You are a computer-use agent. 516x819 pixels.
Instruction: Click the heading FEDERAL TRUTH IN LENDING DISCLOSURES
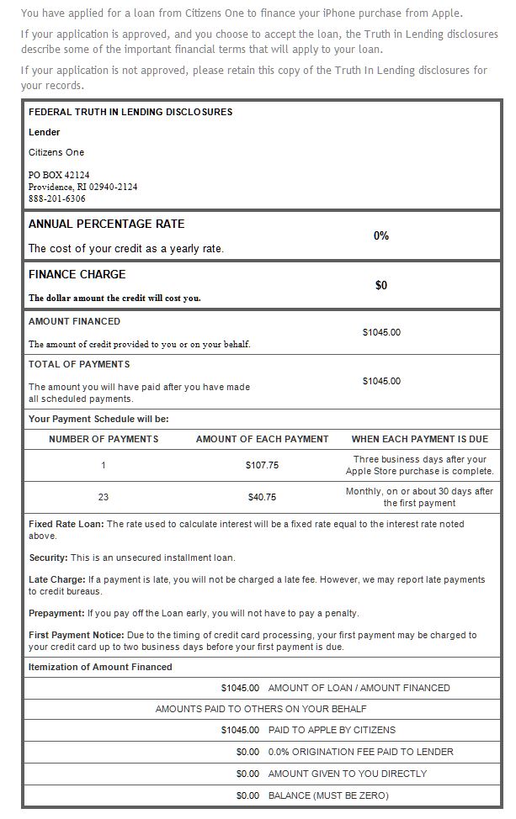pyautogui.click(x=130, y=112)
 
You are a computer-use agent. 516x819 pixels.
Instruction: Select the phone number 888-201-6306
pyautogui.click(x=57, y=199)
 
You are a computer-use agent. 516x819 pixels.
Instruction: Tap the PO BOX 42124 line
pyautogui.click(x=59, y=175)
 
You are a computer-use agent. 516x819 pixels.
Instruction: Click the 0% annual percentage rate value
pyautogui.click(x=381, y=236)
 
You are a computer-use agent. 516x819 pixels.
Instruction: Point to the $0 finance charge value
pyautogui.click(x=381, y=286)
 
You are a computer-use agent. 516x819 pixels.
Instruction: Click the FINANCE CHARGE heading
pyautogui.click(x=77, y=274)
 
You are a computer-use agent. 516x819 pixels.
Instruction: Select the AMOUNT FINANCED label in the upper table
pyautogui.click(x=75, y=321)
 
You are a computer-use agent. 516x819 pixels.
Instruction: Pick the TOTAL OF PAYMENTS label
pyautogui.click(x=79, y=364)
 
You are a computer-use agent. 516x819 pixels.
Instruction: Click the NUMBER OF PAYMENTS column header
pyautogui.click(x=104, y=439)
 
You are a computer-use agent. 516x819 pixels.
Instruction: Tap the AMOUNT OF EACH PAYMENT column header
pyautogui.click(x=262, y=439)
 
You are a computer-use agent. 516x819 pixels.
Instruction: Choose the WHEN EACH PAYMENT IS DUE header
pyautogui.click(x=420, y=439)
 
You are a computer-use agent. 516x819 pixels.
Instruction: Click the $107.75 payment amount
pyautogui.click(x=262, y=465)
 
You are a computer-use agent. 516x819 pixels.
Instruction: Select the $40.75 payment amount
pyautogui.click(x=262, y=497)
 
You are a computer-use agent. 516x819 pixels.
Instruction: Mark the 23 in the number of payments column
pyautogui.click(x=104, y=497)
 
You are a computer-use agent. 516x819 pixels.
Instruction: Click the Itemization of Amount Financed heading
pyautogui.click(x=100, y=667)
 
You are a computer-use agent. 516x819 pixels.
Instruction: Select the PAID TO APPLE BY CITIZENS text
pyautogui.click(x=332, y=730)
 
